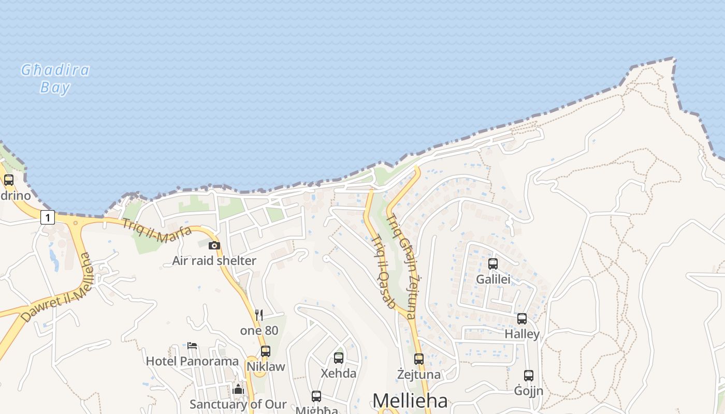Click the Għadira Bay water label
click(55, 79)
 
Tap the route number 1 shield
click(47, 218)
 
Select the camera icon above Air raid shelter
click(214, 245)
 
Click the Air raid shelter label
click(214, 260)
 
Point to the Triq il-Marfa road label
click(156, 231)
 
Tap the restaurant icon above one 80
click(259, 315)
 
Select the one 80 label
click(259, 330)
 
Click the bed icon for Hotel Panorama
click(192, 345)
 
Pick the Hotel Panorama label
click(192, 361)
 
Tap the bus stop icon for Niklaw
click(266, 351)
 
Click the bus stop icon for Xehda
click(339, 358)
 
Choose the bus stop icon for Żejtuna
click(419, 359)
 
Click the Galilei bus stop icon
click(493, 264)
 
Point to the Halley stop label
click(522, 334)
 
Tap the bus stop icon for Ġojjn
click(528, 375)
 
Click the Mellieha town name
click(410, 401)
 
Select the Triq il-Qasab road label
click(384, 272)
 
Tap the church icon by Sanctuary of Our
click(238, 389)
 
